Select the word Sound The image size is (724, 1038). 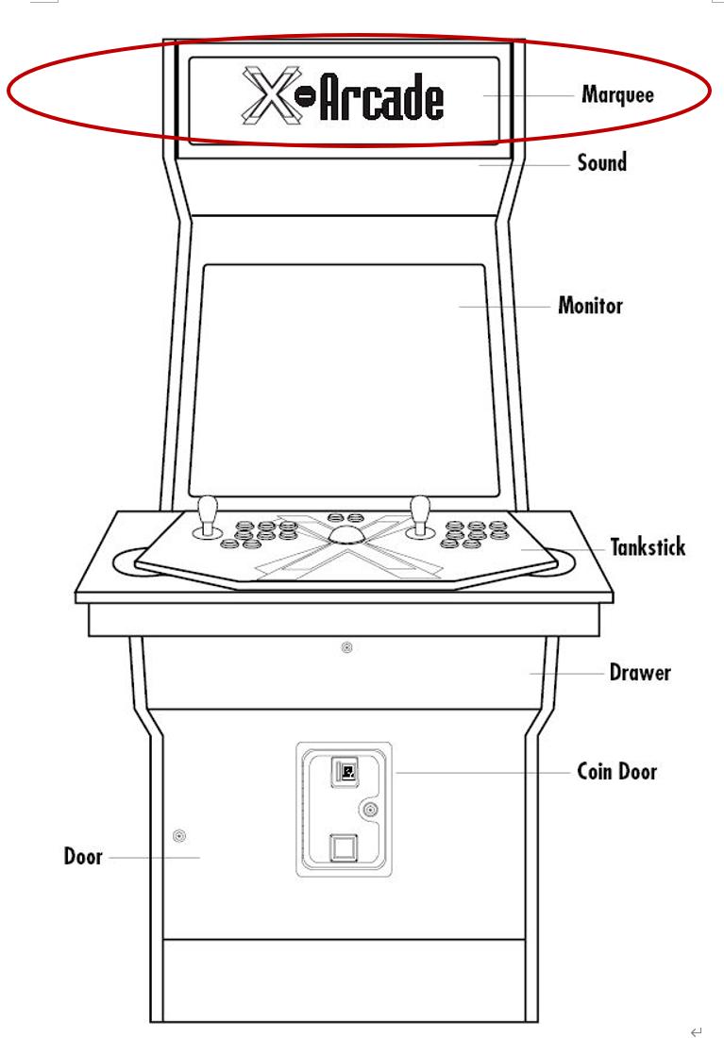click(x=601, y=163)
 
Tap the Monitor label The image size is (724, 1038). click(x=590, y=308)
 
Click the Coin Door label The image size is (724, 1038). click(x=616, y=772)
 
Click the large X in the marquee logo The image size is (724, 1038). click(x=266, y=95)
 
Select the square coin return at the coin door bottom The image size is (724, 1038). click(x=343, y=846)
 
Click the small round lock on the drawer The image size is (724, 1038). click(x=346, y=647)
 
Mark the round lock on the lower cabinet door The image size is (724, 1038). click(x=179, y=835)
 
